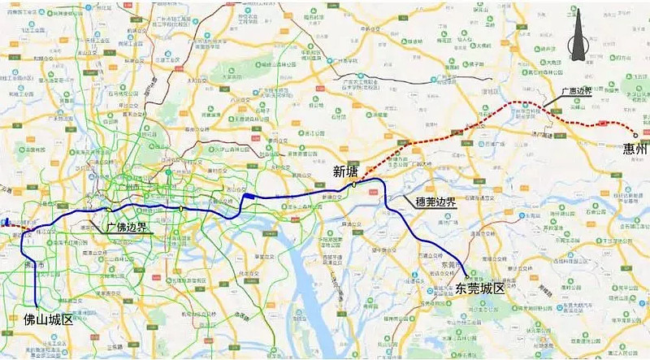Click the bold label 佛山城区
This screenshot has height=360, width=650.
(44, 319)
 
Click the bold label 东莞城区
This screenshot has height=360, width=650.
(480, 288)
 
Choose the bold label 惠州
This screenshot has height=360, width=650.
(635, 149)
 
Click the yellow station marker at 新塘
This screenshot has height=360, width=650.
(353, 185)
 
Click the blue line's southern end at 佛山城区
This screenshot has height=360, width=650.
(36, 309)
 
